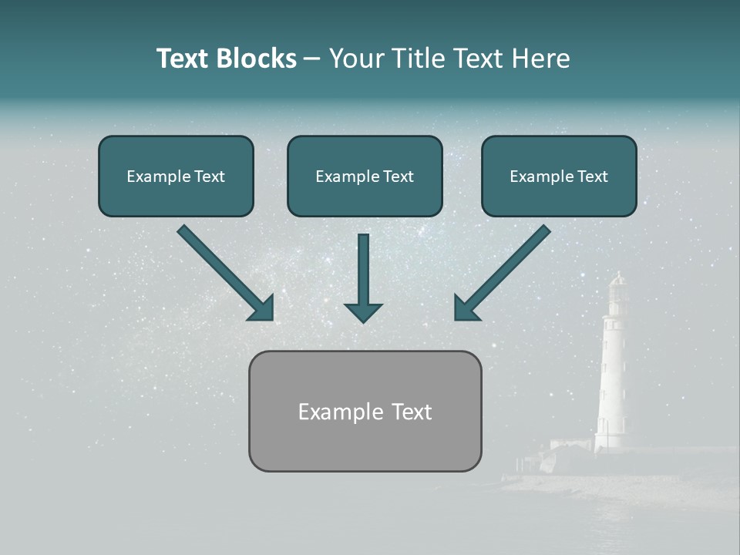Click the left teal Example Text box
(176, 177)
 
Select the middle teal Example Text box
(365, 177)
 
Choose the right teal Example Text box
(559, 177)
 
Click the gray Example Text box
(365, 411)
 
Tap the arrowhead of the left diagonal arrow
(262, 309)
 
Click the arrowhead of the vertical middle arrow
(363, 312)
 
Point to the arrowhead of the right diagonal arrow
(466, 309)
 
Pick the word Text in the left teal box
(209, 177)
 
